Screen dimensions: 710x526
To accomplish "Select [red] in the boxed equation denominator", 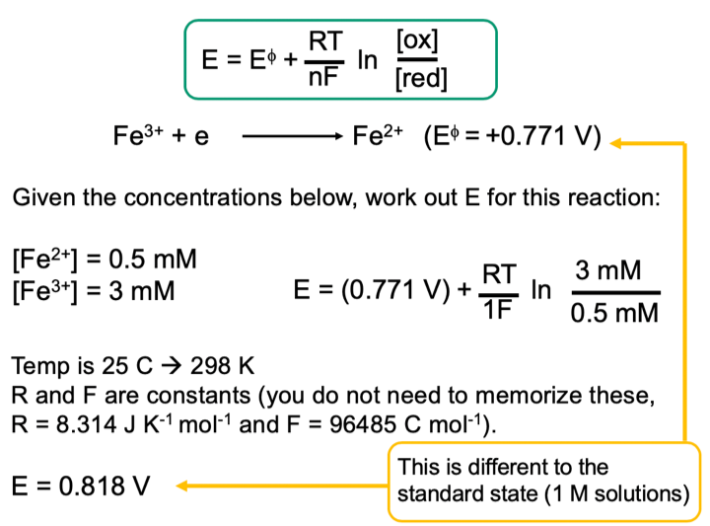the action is pyautogui.click(x=420, y=80).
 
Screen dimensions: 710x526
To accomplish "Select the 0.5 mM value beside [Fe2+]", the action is pyautogui.click(x=153, y=261).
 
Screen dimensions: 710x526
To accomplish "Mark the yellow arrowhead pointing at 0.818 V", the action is pyautogui.click(x=184, y=486).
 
